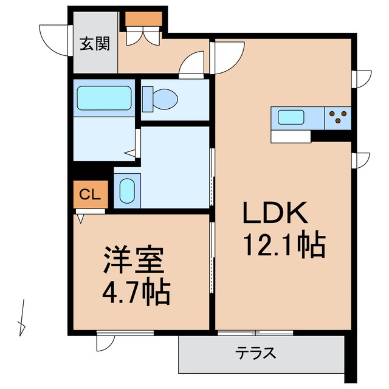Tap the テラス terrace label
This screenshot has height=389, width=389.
(256, 352)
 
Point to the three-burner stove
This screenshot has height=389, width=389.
(337, 117)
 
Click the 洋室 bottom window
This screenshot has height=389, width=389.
(125, 332)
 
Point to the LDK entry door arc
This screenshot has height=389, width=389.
(225, 56)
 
